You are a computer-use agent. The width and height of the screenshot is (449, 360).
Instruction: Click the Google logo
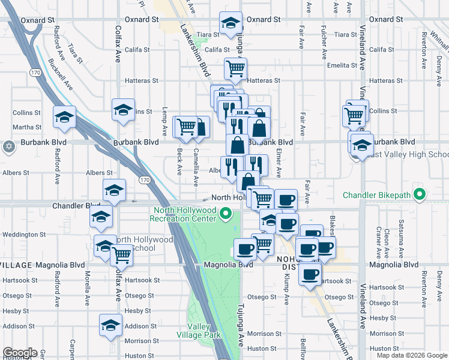pyautogui.click(x=19, y=353)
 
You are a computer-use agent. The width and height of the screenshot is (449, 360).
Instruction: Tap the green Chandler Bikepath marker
pyautogui.click(x=420, y=195)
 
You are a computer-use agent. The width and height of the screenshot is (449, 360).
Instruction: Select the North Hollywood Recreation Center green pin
pyautogui.click(x=226, y=212)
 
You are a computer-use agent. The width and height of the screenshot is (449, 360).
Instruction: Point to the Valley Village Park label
pyautogui.click(x=199, y=331)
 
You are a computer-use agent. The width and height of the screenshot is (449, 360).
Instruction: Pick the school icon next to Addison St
pyautogui.click(x=110, y=325)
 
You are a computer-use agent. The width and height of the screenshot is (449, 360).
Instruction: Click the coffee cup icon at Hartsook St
pyautogui.click(x=310, y=275)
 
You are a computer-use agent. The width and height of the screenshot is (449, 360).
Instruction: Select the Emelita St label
pyautogui.click(x=342, y=65)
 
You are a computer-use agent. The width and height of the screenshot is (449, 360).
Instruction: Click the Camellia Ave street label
pyautogui.click(x=196, y=167)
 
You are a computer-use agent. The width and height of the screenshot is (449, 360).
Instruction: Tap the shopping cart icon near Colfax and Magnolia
pyautogui.click(x=122, y=256)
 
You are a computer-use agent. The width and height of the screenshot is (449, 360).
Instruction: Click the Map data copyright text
pyautogui.click(x=412, y=355)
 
